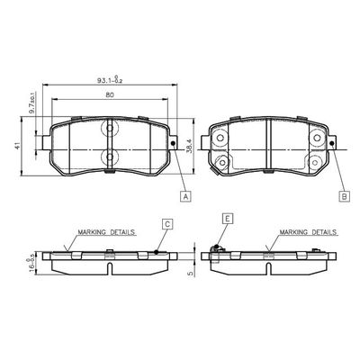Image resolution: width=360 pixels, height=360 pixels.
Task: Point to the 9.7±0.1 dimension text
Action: pyautogui.click(x=31, y=109)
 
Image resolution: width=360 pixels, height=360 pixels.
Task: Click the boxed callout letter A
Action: pyautogui.click(x=184, y=195)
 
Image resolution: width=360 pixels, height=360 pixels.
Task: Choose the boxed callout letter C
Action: pyautogui.click(x=166, y=222)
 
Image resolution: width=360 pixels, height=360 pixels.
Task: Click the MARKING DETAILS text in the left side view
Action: pyautogui.click(x=105, y=231)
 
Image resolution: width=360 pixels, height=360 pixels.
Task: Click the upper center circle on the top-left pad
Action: pyautogui.click(x=109, y=130)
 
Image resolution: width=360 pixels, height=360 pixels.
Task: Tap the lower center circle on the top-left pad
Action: pyautogui.click(x=109, y=157)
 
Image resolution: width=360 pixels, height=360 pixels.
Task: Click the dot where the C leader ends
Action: pyautogui.click(x=156, y=251)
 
